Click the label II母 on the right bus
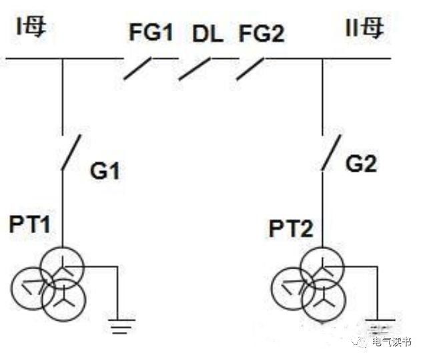(x=365, y=29)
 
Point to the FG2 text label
(x=262, y=33)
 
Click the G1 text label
(x=105, y=172)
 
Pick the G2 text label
(x=362, y=164)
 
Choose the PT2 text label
(x=291, y=230)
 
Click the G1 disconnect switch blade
(x=71, y=152)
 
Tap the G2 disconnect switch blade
(x=330, y=152)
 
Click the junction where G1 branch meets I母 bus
(x=63, y=59)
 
